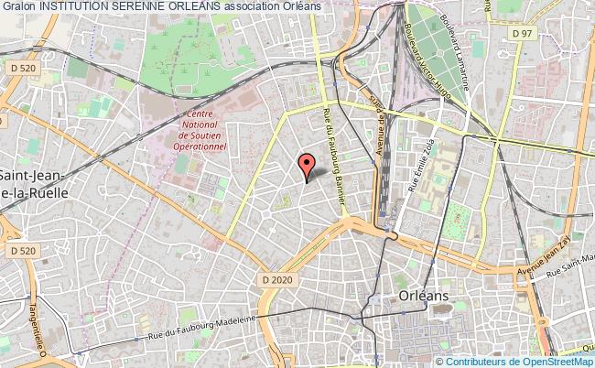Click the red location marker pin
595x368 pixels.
(x=307, y=166)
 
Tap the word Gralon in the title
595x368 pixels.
(x=19, y=7)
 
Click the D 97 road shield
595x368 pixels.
(x=522, y=35)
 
